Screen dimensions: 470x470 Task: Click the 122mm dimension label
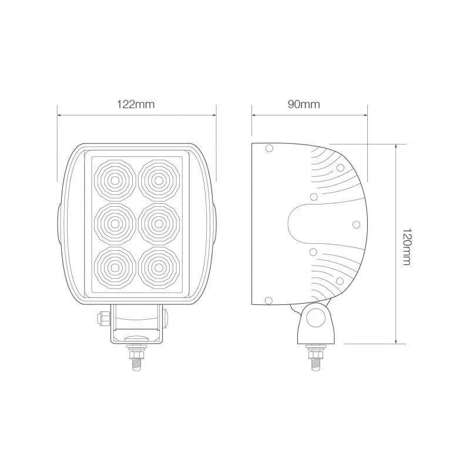pos(136,105)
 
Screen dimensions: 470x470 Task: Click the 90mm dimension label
pos(304,105)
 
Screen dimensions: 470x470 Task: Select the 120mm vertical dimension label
pos(406,247)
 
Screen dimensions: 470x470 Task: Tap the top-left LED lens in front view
pos(115,180)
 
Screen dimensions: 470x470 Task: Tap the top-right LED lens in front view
pos(159,180)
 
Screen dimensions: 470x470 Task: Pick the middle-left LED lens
pos(115,224)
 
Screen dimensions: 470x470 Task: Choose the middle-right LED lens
pos(159,224)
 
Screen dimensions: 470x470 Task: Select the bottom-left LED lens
pos(115,267)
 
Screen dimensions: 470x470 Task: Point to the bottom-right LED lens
pos(159,267)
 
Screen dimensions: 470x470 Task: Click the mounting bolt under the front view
pos(137,357)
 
